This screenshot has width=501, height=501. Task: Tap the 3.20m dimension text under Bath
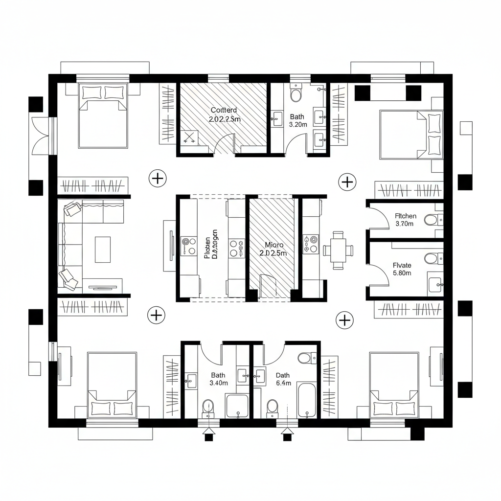click(x=298, y=125)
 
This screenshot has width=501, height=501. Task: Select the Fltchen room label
click(x=406, y=215)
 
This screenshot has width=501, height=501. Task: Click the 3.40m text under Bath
click(x=218, y=383)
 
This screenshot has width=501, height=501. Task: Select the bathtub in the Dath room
click(x=307, y=400)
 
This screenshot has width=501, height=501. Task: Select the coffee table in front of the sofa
click(x=103, y=249)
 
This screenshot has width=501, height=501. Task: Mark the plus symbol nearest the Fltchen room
click(x=347, y=182)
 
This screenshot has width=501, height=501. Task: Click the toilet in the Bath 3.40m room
click(x=208, y=407)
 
